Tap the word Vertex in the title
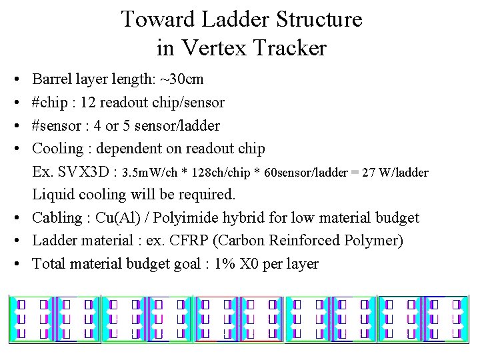[210, 48]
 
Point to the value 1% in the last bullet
[225, 263]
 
